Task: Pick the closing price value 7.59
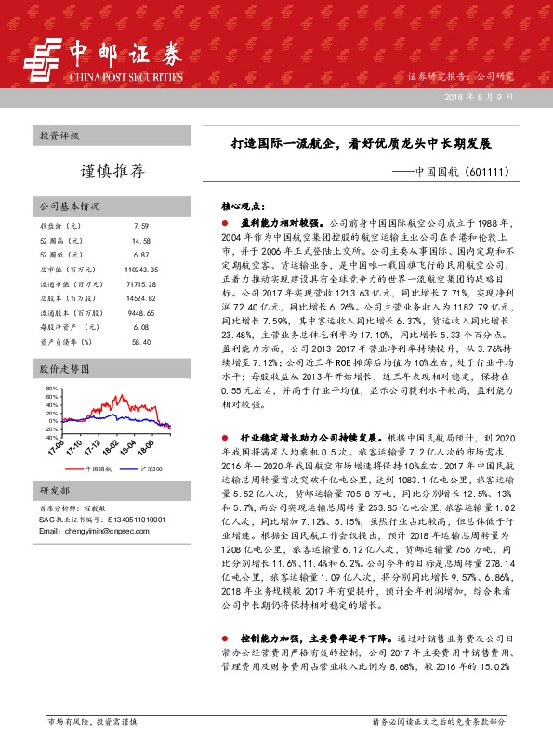pyautogui.click(x=140, y=226)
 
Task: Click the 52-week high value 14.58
pyautogui.click(x=140, y=240)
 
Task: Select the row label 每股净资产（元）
pyautogui.click(x=66, y=328)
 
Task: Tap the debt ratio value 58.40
pyautogui.click(x=140, y=342)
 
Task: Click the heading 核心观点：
pyautogui.click(x=243, y=208)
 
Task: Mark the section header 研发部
pyautogui.click(x=54, y=490)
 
